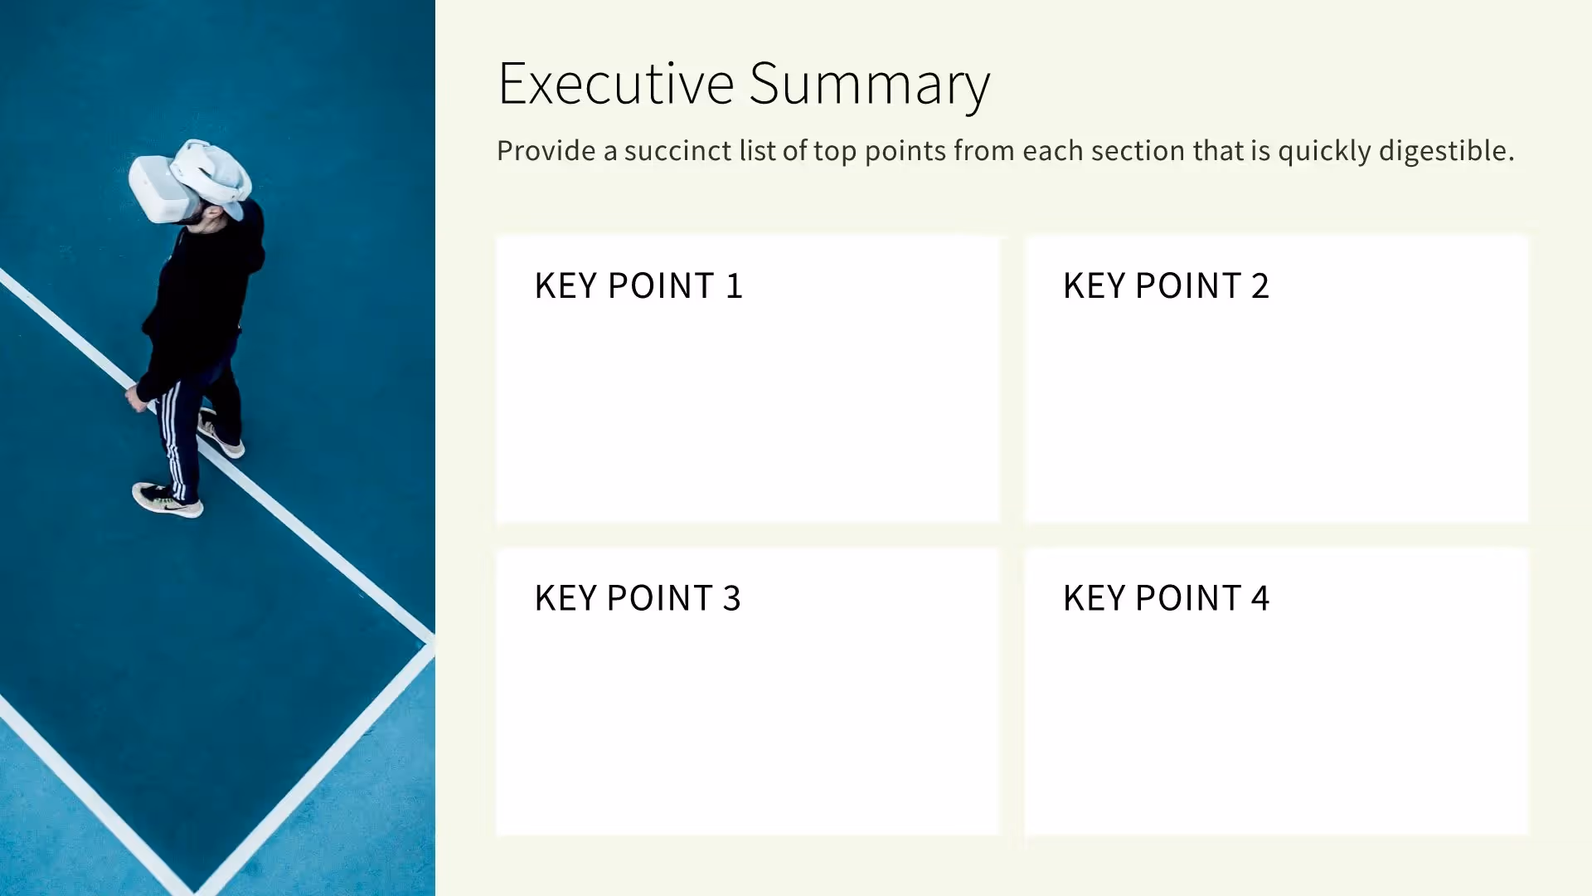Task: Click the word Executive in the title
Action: (x=615, y=84)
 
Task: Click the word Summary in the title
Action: (x=869, y=84)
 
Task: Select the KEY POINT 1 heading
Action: (x=638, y=285)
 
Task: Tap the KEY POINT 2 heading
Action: (x=1166, y=285)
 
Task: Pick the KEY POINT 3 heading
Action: (x=638, y=597)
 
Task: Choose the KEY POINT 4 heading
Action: (x=1166, y=597)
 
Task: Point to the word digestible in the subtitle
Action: (x=1446, y=151)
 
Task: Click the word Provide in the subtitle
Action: (x=546, y=151)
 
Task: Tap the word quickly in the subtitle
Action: (x=1324, y=151)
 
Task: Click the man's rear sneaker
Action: (x=221, y=436)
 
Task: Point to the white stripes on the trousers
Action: (x=172, y=440)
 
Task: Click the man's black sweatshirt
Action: (x=203, y=299)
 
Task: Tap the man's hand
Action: (x=135, y=399)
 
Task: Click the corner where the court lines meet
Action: (x=428, y=641)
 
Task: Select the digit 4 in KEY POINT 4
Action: (x=1260, y=597)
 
